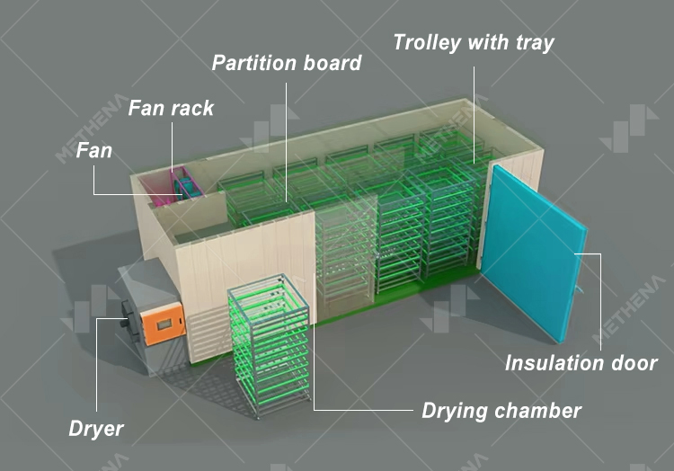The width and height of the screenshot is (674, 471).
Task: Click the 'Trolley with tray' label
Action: pyautogui.click(x=474, y=43)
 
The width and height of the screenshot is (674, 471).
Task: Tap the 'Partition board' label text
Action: pyautogui.click(x=287, y=63)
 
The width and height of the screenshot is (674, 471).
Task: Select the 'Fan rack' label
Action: pyautogui.click(x=171, y=108)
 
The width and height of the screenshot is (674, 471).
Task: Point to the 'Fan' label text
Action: pyautogui.click(x=94, y=150)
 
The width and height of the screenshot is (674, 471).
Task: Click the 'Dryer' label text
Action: pyautogui.click(x=96, y=429)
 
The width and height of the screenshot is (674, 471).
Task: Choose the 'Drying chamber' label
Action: pyautogui.click(x=501, y=411)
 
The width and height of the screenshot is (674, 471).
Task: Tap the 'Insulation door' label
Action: pyautogui.click(x=581, y=363)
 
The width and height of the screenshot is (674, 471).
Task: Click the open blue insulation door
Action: pyautogui.click(x=533, y=253)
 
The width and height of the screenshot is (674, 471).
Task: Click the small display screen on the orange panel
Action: pyautogui.click(x=164, y=324)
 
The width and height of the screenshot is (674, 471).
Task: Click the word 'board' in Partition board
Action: pyautogui.click(x=333, y=63)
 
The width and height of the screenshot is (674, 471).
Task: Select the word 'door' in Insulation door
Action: pyautogui.click(x=634, y=363)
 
